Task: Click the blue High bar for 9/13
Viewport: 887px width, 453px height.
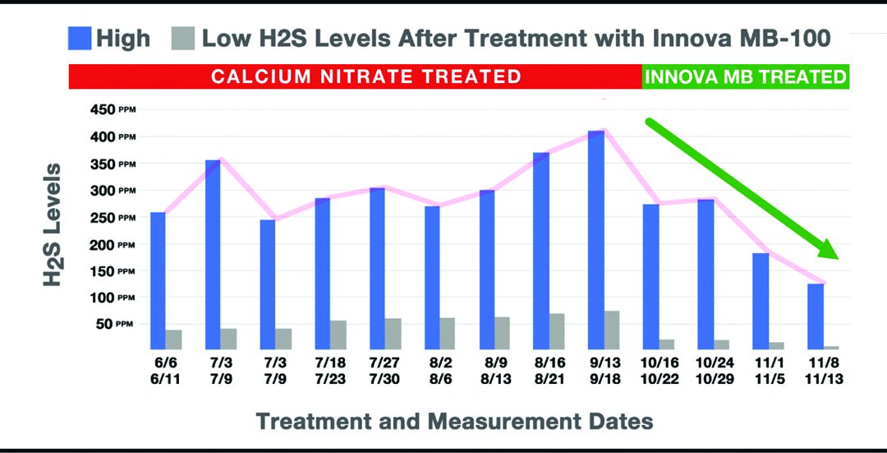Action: click(x=596, y=240)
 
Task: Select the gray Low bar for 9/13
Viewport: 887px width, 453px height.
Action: click(x=612, y=330)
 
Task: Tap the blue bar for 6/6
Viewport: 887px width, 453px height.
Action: click(x=159, y=280)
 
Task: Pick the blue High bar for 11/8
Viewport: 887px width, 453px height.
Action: click(x=816, y=317)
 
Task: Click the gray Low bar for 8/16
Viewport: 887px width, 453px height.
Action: click(x=557, y=331)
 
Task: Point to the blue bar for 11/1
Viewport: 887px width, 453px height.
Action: click(x=761, y=301)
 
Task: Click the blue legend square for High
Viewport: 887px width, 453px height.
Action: click(x=80, y=38)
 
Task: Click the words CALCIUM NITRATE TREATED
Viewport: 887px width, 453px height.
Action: click(x=365, y=77)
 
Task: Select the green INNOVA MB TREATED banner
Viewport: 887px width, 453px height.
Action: click(x=745, y=77)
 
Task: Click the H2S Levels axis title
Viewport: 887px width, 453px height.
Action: click(x=53, y=224)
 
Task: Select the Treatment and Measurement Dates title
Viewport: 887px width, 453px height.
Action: click(x=454, y=421)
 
